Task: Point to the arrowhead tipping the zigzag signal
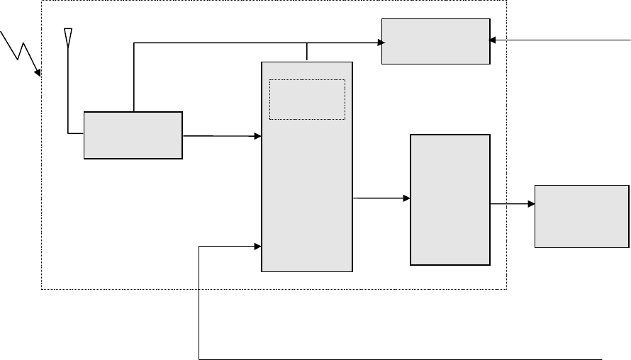[38, 73]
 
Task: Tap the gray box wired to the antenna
[133, 135]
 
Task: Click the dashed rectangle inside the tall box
[307, 99]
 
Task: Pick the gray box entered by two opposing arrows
[435, 41]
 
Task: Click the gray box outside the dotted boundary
[581, 216]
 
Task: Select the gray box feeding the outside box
[449, 200]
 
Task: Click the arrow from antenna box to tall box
[221, 135]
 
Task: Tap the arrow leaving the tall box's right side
[381, 198]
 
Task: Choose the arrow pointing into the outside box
[512, 204]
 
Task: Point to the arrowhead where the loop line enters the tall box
[257, 247]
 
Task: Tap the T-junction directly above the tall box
[306, 43]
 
